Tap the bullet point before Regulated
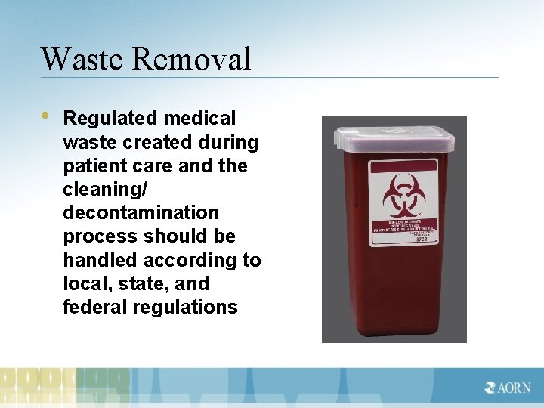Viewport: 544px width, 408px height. [45, 116]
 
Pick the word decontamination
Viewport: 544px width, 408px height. [141, 213]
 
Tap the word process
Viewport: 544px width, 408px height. [94, 236]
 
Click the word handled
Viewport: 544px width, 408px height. [95, 260]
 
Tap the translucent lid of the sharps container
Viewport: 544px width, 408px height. [394, 138]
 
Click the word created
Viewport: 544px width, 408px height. [148, 142]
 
